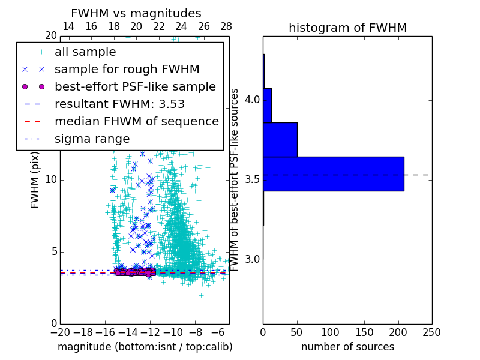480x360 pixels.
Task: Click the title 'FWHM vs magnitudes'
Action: [x=136, y=13]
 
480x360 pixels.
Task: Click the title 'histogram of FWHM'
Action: [x=347, y=28]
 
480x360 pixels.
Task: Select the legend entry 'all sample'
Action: [x=85, y=52]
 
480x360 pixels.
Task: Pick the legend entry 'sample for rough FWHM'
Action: [x=127, y=69]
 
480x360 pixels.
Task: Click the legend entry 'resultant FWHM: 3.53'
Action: [x=119, y=104]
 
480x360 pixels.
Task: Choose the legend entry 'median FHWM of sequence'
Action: [x=136, y=121]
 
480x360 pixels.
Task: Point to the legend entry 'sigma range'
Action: [x=92, y=139]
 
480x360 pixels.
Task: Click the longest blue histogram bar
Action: [x=333, y=173]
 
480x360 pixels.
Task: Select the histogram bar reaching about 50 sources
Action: [x=280, y=139]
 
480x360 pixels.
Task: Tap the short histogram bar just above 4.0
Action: [x=268, y=105]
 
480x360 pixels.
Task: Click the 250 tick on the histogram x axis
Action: [x=431, y=332]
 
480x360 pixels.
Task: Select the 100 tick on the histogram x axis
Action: [x=331, y=332]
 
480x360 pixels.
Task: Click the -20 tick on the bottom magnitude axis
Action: [x=60, y=332]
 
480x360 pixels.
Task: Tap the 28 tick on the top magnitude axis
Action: [x=226, y=26]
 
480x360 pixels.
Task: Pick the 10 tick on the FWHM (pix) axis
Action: [x=50, y=180]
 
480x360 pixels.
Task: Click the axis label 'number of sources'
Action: [x=347, y=347]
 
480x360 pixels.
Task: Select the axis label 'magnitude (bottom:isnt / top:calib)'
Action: [x=145, y=347]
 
